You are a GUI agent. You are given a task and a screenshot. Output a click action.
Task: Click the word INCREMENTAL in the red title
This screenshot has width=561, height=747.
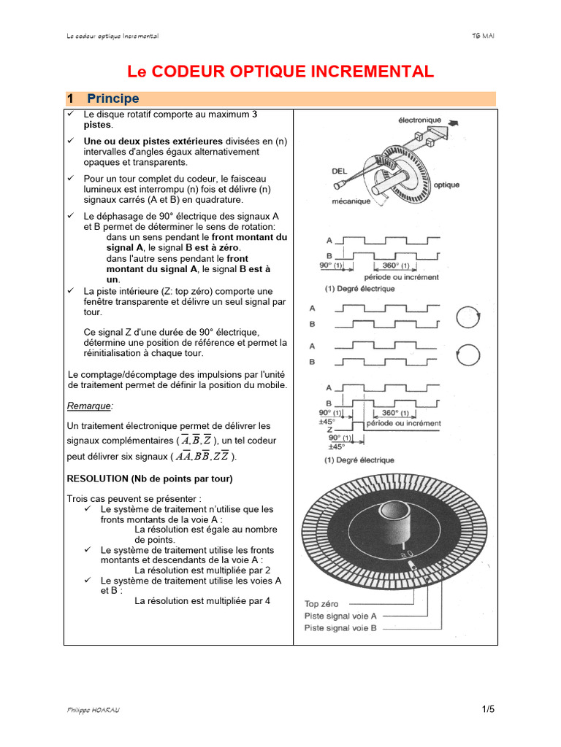[x=375, y=71]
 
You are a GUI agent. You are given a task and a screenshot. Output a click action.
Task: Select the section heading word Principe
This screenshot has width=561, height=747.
[x=112, y=98]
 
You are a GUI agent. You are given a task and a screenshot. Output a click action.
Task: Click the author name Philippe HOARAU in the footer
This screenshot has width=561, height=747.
[x=93, y=710]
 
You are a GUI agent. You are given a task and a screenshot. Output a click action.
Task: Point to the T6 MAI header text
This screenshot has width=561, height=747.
[x=484, y=36]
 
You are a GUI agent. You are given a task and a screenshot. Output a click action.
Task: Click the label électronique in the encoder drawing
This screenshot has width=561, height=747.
[x=419, y=119]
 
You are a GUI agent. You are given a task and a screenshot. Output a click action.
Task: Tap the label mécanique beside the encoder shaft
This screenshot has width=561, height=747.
[x=351, y=202]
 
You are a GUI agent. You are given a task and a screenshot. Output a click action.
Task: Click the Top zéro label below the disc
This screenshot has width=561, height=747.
[x=326, y=603]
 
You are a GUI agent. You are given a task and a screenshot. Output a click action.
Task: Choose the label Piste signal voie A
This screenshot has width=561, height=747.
[x=340, y=615]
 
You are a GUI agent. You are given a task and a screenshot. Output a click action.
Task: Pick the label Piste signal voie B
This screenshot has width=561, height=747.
[x=340, y=627]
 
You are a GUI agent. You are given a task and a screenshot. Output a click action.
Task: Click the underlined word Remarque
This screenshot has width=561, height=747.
[x=91, y=406]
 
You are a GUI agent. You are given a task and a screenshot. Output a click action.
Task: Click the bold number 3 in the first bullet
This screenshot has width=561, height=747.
[x=254, y=115]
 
